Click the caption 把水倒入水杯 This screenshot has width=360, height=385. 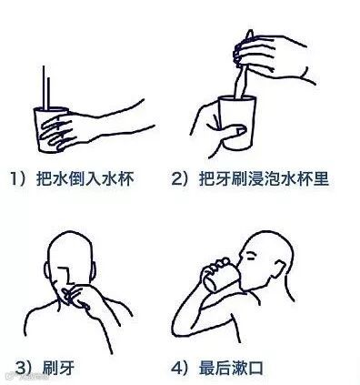coord(85,178)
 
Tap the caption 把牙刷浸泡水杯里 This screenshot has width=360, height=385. coord(265,178)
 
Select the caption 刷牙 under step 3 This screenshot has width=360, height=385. coord(58,368)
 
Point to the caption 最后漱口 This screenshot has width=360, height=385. coord(231,368)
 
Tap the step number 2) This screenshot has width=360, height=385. coord(181,179)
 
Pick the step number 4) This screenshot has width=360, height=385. coord(181,368)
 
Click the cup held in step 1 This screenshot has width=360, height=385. coord(50,129)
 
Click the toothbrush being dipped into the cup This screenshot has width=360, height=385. coord(244,65)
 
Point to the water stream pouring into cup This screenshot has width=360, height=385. coord(45,87)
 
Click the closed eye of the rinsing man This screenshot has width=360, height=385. coord(251,258)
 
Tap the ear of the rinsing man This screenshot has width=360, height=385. coord(279,268)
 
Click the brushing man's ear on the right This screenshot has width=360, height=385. coord(93,271)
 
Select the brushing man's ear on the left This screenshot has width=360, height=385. coord(47,271)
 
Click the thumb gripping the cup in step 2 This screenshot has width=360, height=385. coord(234,131)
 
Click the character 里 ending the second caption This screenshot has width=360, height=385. coord(321,178)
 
